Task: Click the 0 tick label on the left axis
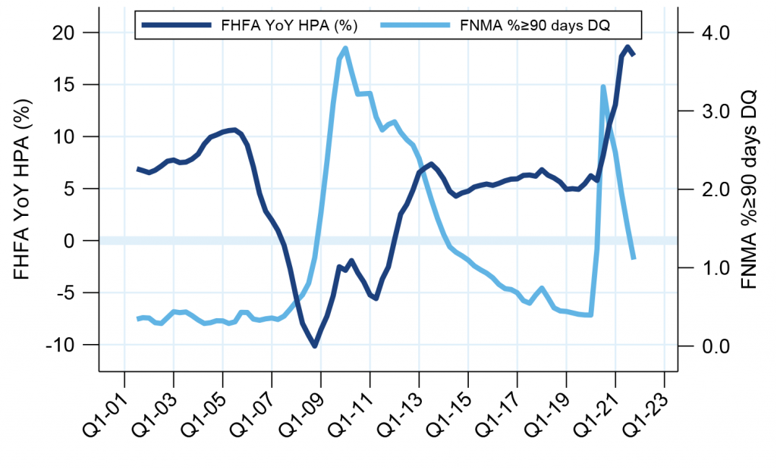68,241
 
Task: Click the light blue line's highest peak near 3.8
345,48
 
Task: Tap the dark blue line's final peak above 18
628,47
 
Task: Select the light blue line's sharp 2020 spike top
603,86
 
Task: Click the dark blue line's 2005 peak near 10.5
234,130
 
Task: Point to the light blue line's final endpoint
634,259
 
